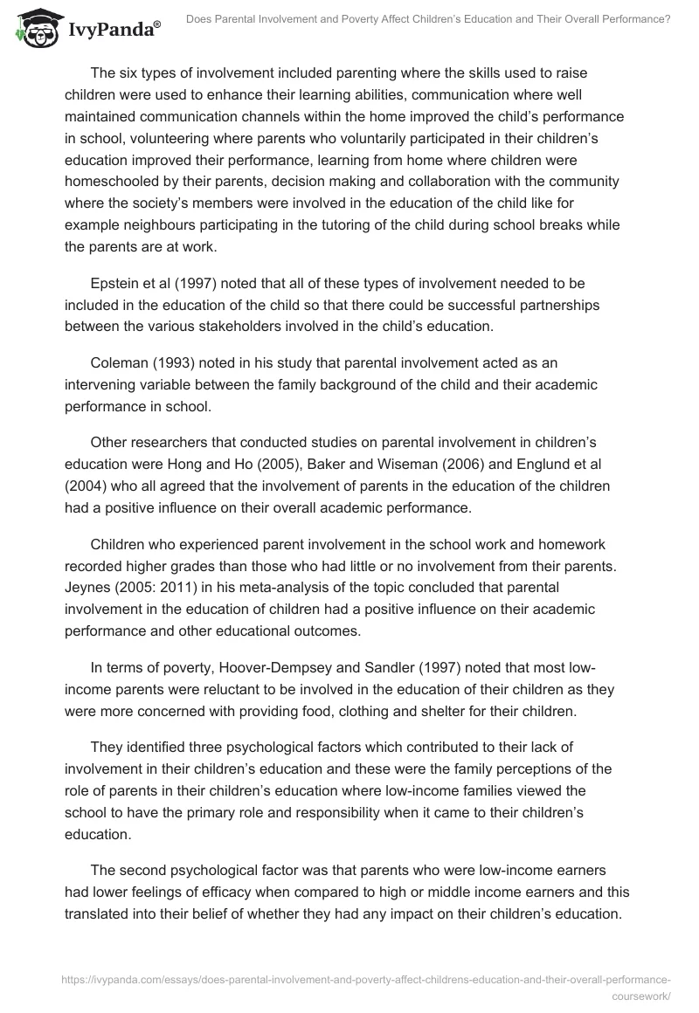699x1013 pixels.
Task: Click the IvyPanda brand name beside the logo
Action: (113, 30)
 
